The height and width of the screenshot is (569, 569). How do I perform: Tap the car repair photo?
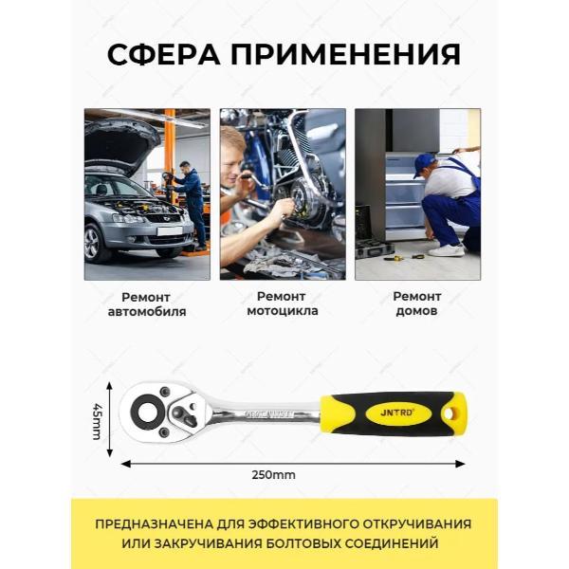[147, 193]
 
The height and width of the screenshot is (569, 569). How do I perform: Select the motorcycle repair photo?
[282, 193]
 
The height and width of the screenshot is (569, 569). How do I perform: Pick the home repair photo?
[417, 193]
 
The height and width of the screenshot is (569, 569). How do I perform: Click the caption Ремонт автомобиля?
[147, 303]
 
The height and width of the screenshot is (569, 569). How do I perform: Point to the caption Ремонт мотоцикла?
[282, 303]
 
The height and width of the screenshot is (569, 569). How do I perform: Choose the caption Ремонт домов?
[417, 303]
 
